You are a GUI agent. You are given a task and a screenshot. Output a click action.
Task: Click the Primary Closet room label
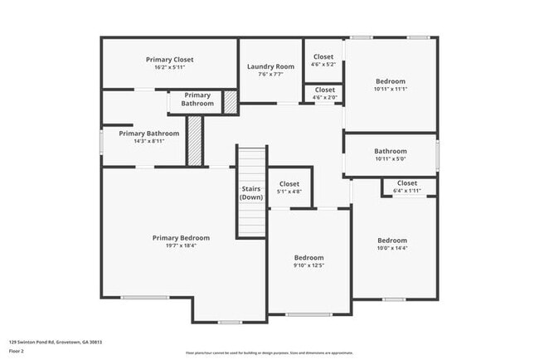[x=169, y=60]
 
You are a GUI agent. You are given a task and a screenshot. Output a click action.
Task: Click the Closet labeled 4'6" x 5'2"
[x=323, y=56]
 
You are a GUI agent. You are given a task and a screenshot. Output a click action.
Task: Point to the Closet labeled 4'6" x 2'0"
[x=324, y=90]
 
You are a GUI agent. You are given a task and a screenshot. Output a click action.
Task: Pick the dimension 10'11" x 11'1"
[x=390, y=89]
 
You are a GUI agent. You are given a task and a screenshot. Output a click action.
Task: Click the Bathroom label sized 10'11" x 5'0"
[x=390, y=151]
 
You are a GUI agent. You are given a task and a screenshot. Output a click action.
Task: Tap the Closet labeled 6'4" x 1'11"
[x=406, y=183]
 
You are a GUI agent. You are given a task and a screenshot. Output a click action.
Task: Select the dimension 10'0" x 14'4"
[x=393, y=247]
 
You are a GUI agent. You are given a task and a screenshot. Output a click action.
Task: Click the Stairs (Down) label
[x=251, y=193]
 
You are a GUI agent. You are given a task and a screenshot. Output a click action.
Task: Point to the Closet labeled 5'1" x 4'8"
[x=289, y=183]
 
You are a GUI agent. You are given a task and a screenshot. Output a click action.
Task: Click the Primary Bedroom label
[x=181, y=237]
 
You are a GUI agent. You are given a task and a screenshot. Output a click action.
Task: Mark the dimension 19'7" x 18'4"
[x=181, y=245]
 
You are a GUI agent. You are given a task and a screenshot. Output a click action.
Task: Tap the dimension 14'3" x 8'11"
[x=148, y=141]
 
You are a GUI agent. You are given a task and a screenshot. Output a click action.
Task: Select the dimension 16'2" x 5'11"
[x=169, y=67]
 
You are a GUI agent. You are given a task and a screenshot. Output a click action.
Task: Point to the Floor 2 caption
[x=17, y=352]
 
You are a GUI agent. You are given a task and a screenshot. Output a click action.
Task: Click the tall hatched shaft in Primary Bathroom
[x=194, y=140]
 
